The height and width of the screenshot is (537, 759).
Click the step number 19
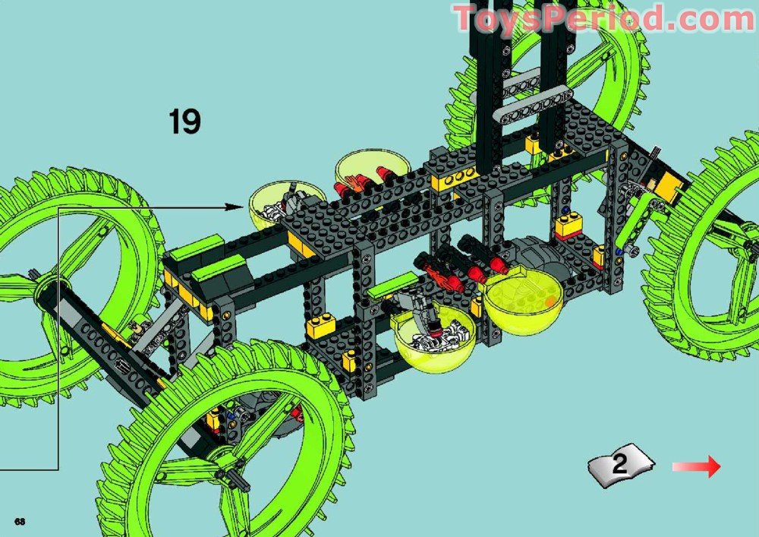[184, 121]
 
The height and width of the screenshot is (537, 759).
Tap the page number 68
[20, 520]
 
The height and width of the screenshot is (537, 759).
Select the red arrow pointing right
[697, 466]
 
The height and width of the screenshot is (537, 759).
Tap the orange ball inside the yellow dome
[549, 302]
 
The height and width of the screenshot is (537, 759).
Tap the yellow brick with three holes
[455, 181]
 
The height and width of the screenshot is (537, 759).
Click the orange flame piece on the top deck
[350, 185]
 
